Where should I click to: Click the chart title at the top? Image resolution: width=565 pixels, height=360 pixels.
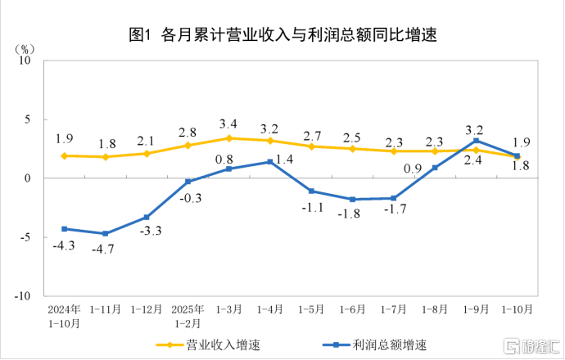pyautogui.click(x=282, y=34)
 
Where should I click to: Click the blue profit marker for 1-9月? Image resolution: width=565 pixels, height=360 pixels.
pyautogui.click(x=476, y=141)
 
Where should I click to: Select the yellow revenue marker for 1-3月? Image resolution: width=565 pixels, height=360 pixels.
pyautogui.click(x=228, y=138)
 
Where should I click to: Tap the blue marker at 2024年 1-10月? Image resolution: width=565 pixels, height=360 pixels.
pyautogui.click(x=65, y=229)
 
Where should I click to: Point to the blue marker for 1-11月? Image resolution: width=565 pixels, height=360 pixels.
pyautogui.click(x=105, y=234)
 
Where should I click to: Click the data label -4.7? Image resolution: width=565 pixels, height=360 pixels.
pyautogui.click(x=102, y=249)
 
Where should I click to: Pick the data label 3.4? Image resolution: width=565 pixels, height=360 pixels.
pyautogui.click(x=228, y=124)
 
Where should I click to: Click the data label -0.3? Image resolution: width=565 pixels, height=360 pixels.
pyautogui.click(x=191, y=198)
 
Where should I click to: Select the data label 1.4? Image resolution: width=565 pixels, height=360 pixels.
pyautogui.click(x=285, y=159)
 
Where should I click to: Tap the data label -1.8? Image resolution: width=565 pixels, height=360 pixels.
pyautogui.click(x=349, y=214)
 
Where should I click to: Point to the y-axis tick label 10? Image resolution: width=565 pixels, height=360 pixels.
pyautogui.click(x=25, y=60)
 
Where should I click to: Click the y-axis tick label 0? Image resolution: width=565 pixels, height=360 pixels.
pyautogui.click(x=27, y=178)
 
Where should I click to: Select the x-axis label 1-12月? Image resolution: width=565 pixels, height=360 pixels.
pyautogui.click(x=147, y=309)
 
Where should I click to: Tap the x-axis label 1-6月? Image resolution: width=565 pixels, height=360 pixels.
pyautogui.click(x=352, y=309)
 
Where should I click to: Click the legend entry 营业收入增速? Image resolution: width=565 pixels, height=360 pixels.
pyautogui.click(x=208, y=345)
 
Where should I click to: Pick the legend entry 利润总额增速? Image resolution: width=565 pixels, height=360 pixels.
pyautogui.click(x=375, y=345)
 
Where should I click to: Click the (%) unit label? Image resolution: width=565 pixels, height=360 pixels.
pyautogui.click(x=25, y=49)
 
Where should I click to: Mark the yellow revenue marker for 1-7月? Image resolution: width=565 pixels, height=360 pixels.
pyautogui.click(x=394, y=151)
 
